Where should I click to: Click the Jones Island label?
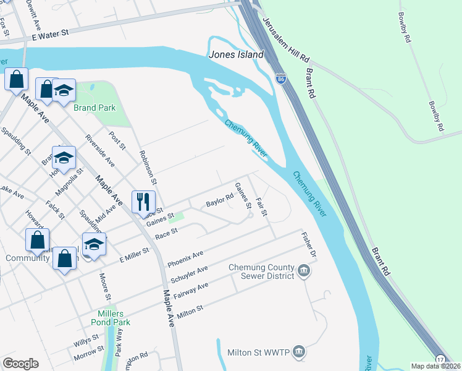237,54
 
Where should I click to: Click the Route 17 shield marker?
440,359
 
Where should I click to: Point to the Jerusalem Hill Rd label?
286,38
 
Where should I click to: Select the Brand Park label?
94,108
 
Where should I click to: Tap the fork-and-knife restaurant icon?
143,201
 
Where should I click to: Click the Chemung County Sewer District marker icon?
304,270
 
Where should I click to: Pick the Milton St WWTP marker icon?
298,351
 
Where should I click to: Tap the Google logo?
20,364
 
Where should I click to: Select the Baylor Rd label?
219,202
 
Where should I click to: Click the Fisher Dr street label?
309,245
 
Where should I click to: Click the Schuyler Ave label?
189,274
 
